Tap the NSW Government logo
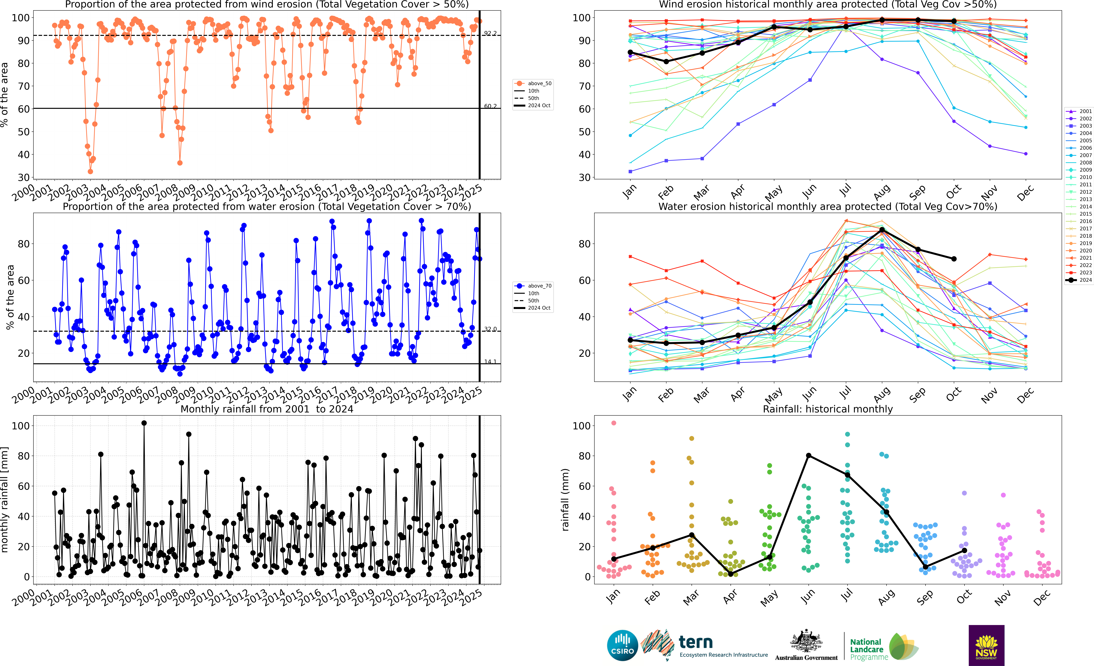click(x=986, y=645)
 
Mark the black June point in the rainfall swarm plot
click(x=809, y=456)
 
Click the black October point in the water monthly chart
click(x=954, y=259)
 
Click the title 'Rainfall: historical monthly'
click(x=828, y=409)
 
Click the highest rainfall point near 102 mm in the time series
click(x=144, y=423)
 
